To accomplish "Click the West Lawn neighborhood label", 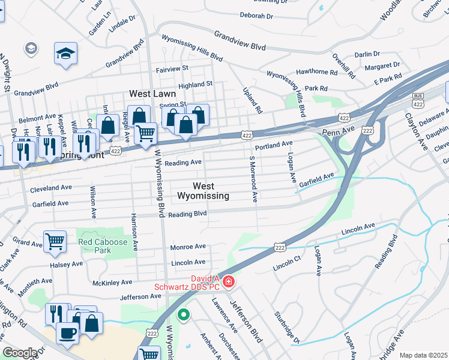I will [x=153, y=94].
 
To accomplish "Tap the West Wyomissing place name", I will [x=203, y=191].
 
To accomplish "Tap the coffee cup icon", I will [x=67, y=332].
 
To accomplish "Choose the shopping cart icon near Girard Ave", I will [x=55, y=242].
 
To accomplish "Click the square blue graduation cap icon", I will [x=65, y=54].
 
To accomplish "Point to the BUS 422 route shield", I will [x=418, y=99].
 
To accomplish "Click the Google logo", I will [x=20, y=353].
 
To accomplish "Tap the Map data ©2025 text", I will [x=423, y=355].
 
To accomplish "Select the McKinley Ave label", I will [x=112, y=282].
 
